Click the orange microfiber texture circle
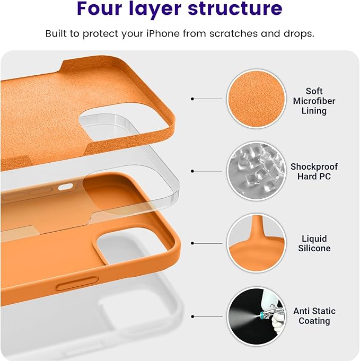[x=253, y=99]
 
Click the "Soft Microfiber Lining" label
[x=314, y=101]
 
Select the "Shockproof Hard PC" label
[x=314, y=171]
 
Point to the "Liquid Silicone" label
[x=314, y=243]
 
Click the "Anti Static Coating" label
[x=314, y=316]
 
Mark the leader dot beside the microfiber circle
[x=192, y=99]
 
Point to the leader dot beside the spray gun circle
[x=192, y=316]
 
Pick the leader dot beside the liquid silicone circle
[x=192, y=243]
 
